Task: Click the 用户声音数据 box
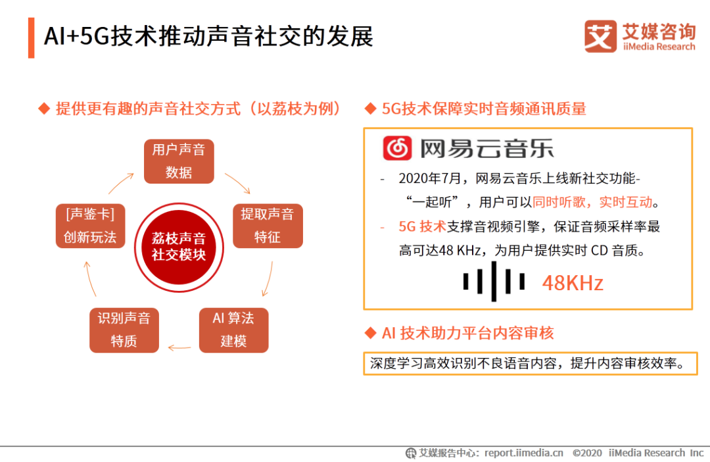click(x=179, y=161)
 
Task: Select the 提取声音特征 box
click(x=268, y=226)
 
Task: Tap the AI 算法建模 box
click(x=233, y=330)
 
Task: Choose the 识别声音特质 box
click(x=124, y=330)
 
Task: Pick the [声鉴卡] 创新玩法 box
click(x=90, y=226)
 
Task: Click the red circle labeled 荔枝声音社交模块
click(x=179, y=247)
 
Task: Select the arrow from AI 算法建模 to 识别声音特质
click(x=179, y=347)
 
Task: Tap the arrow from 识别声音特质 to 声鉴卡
click(x=90, y=278)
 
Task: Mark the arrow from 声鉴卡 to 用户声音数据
click(x=121, y=183)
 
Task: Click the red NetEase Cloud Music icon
click(x=397, y=148)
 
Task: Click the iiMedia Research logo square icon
click(x=600, y=36)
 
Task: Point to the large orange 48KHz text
click(x=573, y=283)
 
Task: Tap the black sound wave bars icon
click(x=494, y=282)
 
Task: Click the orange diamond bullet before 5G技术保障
click(x=370, y=109)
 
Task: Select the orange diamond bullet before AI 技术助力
click(x=370, y=333)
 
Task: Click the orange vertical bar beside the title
click(x=32, y=38)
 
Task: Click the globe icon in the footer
click(x=411, y=453)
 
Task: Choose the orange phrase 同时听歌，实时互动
click(x=592, y=202)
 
